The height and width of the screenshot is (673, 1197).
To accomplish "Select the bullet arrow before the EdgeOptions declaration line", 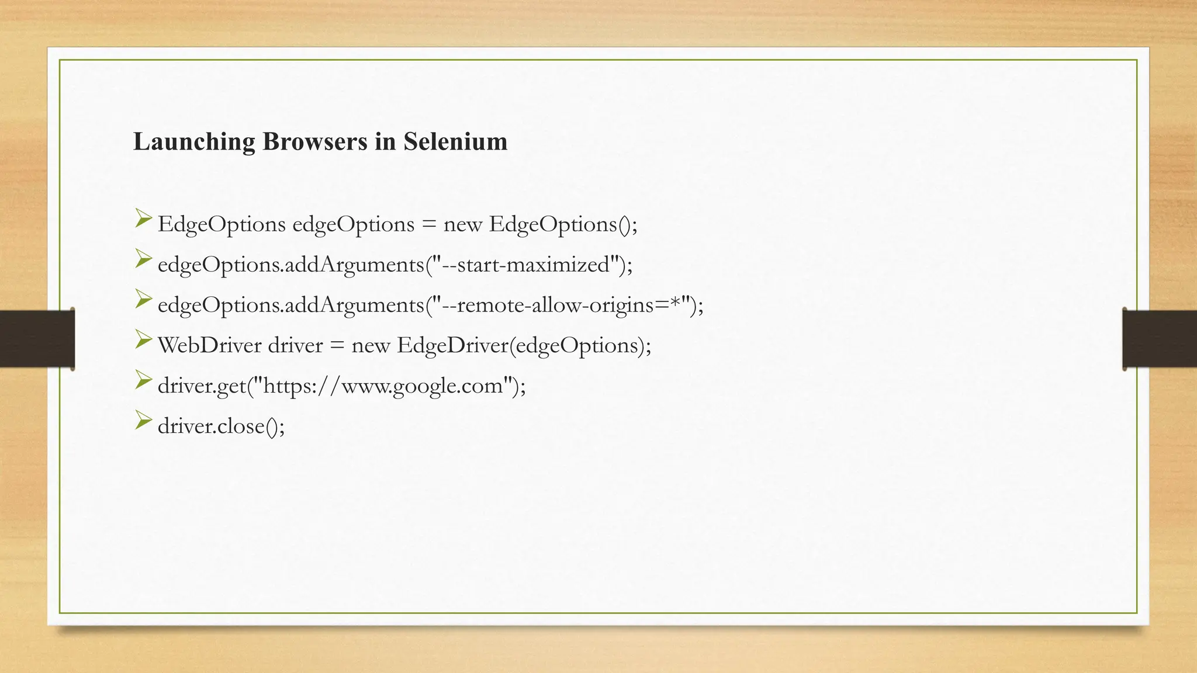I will click(143, 219).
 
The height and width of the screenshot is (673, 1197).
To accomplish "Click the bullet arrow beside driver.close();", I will click(143, 421).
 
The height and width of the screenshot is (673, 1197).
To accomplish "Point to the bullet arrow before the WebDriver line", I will click(143, 340).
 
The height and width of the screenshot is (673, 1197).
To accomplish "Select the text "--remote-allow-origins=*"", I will click(562, 305).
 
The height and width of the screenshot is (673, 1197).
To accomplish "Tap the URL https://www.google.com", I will click(383, 386).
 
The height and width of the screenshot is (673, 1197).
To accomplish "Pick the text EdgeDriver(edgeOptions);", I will click(524, 345).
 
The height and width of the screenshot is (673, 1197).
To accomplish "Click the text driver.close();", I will click(221, 426).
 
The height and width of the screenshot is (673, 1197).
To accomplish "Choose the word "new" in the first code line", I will click(462, 224).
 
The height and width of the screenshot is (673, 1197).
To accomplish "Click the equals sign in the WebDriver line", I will click(337, 346).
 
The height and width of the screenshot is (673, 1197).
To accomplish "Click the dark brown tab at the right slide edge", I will click(1160, 339).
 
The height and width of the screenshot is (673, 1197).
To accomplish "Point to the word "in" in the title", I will click(385, 142).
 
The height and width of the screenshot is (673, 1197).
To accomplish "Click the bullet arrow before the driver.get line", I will click(143, 380).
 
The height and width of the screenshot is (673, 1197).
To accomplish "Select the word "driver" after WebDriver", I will click(295, 345).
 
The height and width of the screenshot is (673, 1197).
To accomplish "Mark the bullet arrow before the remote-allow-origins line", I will click(143, 300).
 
